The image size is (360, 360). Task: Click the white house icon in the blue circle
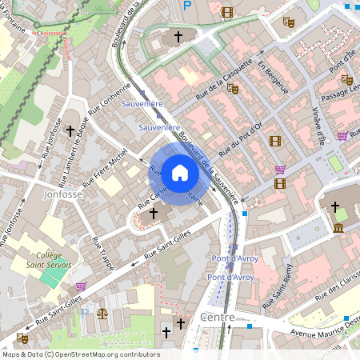179,172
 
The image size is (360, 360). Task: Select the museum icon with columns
338,229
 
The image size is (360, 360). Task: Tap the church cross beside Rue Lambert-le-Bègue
70,129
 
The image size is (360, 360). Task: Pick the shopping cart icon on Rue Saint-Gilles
80,286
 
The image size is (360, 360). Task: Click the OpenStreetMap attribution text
81,354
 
